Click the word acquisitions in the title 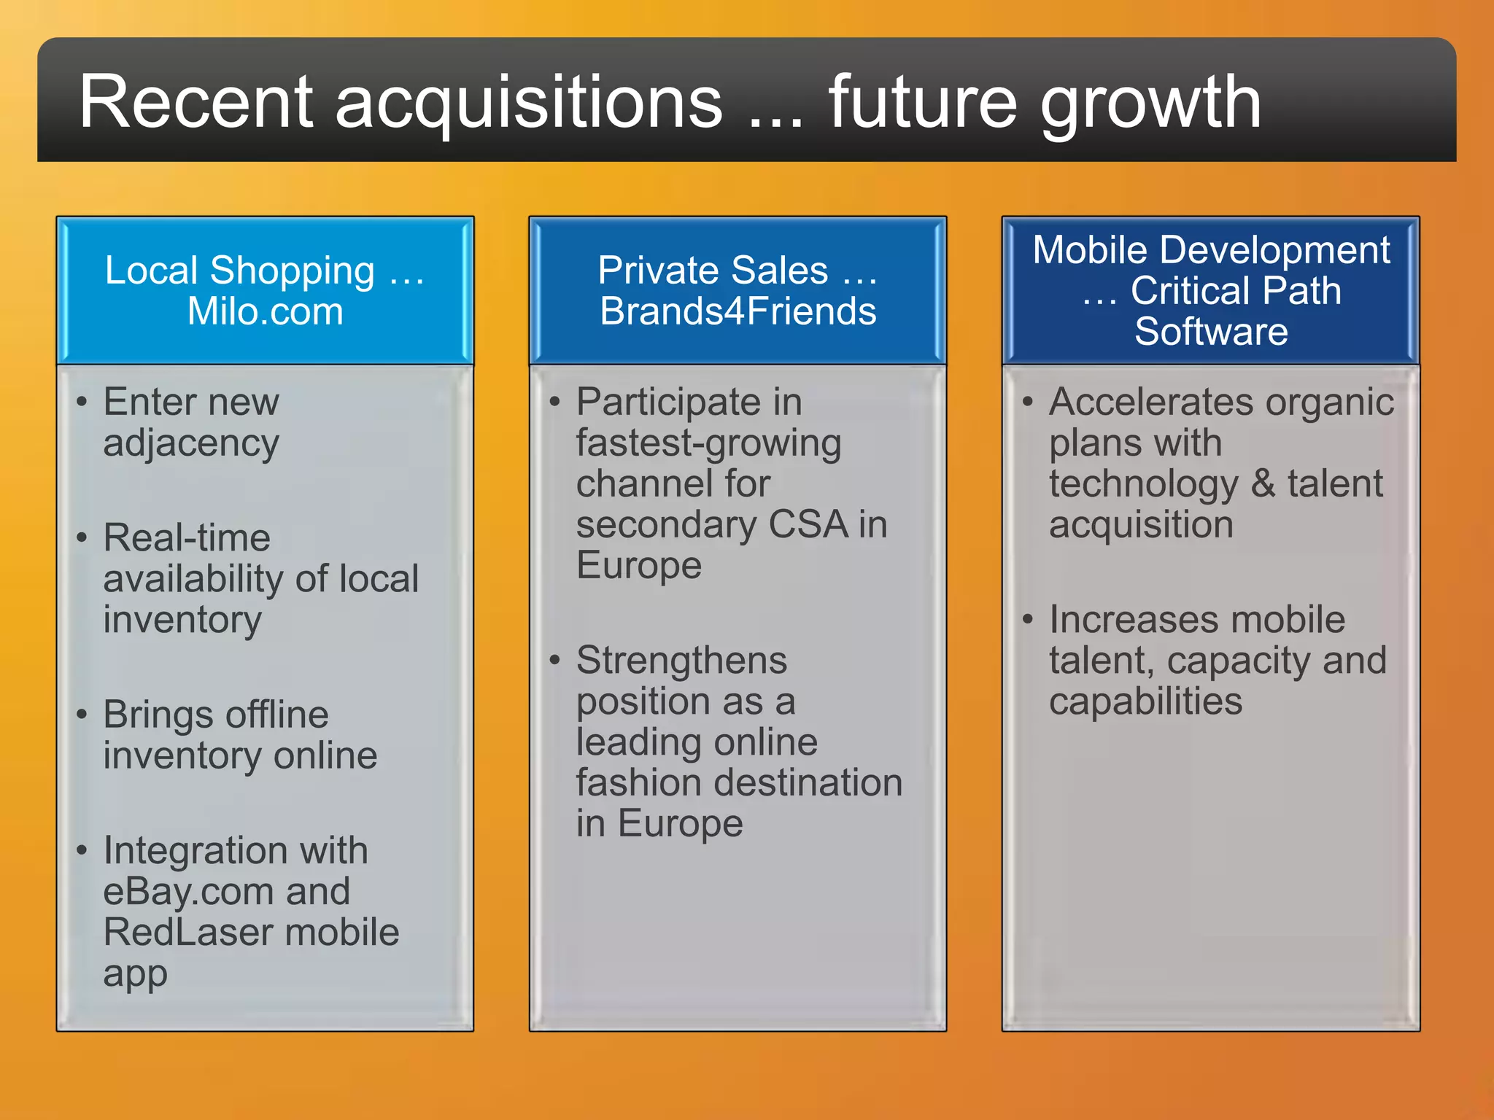click(529, 103)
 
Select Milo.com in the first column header click(265, 311)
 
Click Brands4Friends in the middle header click(738, 311)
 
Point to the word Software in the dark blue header click(1211, 332)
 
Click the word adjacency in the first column click(191, 443)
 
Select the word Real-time click(187, 538)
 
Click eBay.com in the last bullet click(189, 892)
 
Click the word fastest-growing click(708, 443)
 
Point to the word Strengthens click(681, 661)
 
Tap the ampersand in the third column click(1263, 484)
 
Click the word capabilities click(1145, 701)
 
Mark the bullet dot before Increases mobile click(1027, 620)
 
